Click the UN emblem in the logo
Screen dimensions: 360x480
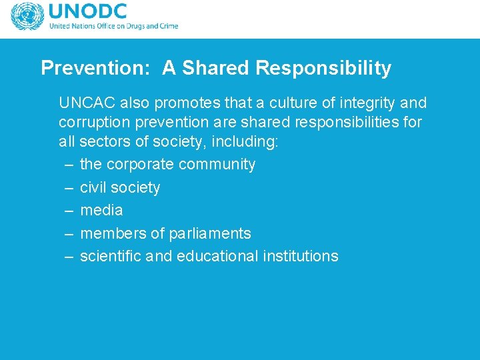pyautogui.click(x=27, y=17)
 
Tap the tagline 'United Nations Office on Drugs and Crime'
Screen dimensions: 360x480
pyautogui.click(x=113, y=27)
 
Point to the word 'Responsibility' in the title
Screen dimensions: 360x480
pyautogui.click(x=323, y=68)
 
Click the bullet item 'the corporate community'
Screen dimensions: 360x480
pyautogui.click(x=167, y=165)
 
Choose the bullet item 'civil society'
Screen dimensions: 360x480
pyautogui.click(x=120, y=188)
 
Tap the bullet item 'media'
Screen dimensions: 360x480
pyautogui.click(x=101, y=211)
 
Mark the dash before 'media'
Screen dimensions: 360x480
pyautogui.click(x=69, y=211)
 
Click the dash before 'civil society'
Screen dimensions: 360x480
pyautogui.click(x=69, y=188)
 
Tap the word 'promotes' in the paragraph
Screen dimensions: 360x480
pyautogui.click(x=179, y=103)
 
